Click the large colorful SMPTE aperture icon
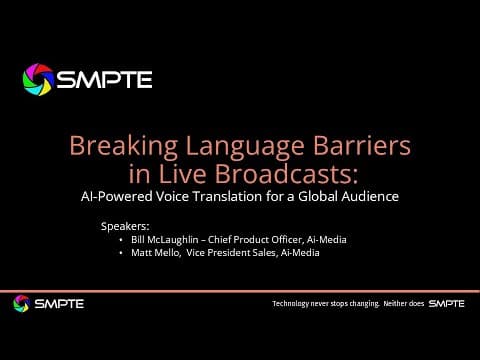tap(38, 80)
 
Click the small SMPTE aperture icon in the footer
tap(22, 304)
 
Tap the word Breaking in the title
tap(123, 146)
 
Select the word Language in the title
tap(244, 147)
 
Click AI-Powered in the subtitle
tap(117, 196)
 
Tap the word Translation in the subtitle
tap(227, 196)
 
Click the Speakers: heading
tap(125, 227)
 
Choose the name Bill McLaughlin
tap(165, 240)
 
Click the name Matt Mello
tap(156, 253)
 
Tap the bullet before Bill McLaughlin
tap(121, 240)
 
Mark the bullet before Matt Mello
tap(121, 253)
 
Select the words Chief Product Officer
tap(255, 240)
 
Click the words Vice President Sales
tap(231, 253)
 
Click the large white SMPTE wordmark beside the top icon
tap(104, 80)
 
